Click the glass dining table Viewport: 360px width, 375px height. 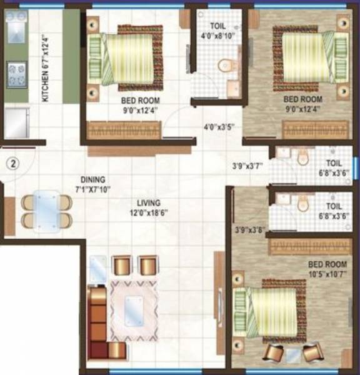46,210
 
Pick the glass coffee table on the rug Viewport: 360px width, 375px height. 133,307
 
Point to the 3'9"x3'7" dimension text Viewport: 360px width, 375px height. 247,166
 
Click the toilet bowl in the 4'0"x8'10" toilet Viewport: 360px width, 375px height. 224,64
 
